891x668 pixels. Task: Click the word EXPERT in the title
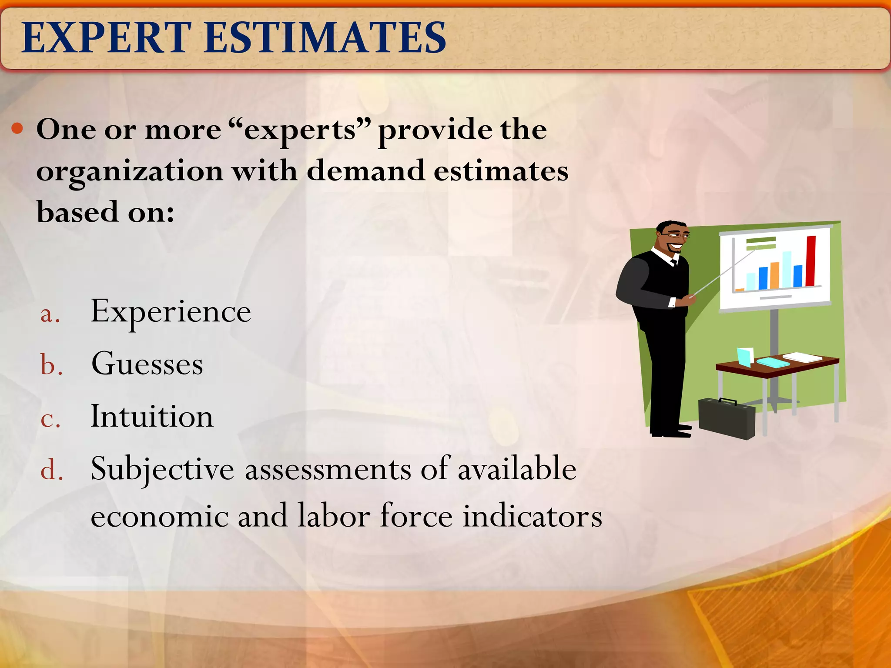click(x=107, y=38)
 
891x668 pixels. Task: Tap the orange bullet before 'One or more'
click(x=17, y=128)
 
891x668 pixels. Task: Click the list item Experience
click(x=171, y=312)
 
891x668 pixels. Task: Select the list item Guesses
click(x=147, y=364)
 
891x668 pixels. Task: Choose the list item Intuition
click(x=152, y=417)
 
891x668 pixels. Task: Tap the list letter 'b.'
click(x=51, y=365)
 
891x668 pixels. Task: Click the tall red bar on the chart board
click(x=811, y=261)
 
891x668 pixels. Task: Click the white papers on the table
click(x=803, y=357)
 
